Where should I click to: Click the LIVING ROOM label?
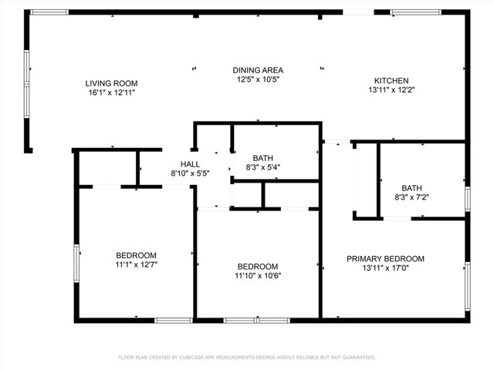111,82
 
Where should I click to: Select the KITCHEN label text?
391,81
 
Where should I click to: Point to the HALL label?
190,164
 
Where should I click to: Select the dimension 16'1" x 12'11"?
111,92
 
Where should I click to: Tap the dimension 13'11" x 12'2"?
391,90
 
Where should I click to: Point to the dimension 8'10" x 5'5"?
190,174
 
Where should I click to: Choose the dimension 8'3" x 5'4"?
263,167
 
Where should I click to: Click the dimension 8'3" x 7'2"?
411,197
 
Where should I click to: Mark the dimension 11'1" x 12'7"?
137,265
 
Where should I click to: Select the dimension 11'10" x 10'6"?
257,276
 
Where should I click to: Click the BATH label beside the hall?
263,158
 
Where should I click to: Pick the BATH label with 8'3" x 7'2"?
411,188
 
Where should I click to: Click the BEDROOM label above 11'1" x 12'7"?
137,256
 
